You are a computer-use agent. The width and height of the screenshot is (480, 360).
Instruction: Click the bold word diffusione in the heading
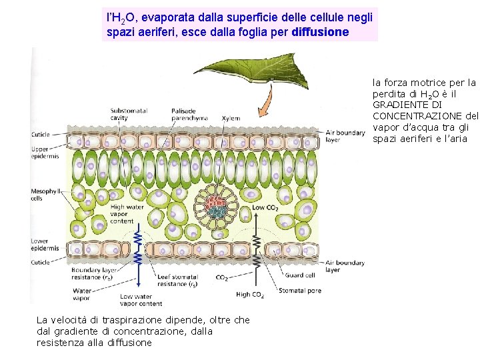pos(320,31)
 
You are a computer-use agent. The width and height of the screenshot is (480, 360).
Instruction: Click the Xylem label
pos(231,117)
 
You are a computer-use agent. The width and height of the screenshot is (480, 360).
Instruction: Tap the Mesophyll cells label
pos(45,195)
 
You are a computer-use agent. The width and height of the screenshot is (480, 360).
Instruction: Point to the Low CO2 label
pos(265,208)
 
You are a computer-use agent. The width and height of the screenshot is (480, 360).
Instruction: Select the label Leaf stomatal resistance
pos(177,281)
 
